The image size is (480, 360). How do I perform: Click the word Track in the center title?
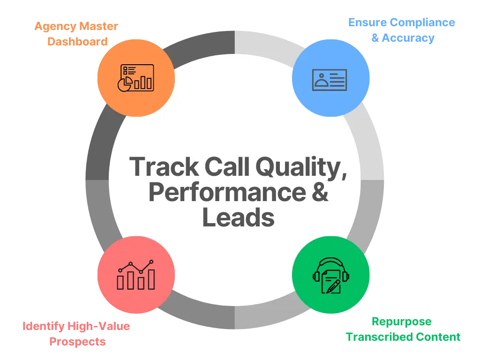pyautogui.click(x=158, y=167)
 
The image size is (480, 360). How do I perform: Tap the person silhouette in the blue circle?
pyautogui.click(x=321, y=80)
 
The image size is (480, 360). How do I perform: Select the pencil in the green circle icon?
pyautogui.click(x=334, y=284)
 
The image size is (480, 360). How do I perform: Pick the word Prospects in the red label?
pyautogui.click(x=77, y=341)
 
